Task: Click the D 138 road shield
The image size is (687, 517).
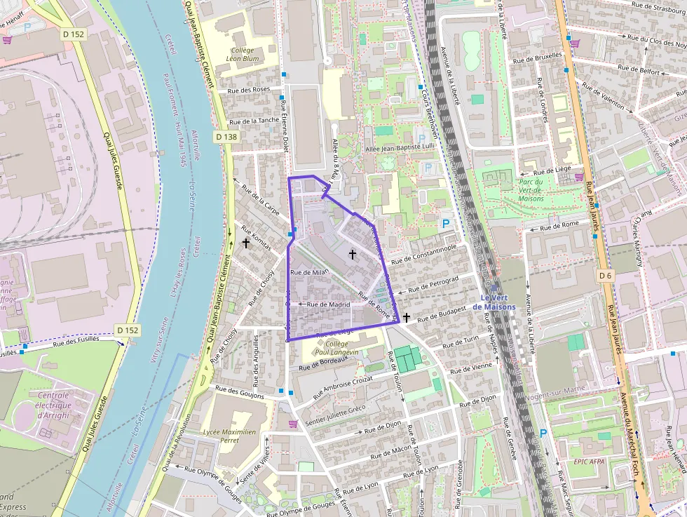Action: [x=226, y=137]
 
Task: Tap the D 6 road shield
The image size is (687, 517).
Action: [x=606, y=276]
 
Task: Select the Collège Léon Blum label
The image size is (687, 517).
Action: [x=243, y=55]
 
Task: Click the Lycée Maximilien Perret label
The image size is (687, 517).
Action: [x=229, y=436]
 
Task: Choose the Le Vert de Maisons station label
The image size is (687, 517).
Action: [x=494, y=302]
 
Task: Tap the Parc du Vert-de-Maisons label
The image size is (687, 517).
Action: [x=531, y=190]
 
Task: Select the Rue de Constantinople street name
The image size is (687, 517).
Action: [x=424, y=254]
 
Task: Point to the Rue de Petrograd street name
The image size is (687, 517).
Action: [x=433, y=283]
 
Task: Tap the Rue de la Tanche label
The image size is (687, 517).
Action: [x=254, y=121]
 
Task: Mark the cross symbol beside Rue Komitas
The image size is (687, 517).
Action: [x=246, y=243]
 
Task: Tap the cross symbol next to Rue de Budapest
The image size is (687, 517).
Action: [x=406, y=318]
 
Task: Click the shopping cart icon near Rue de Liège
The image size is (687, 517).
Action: [x=579, y=177]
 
